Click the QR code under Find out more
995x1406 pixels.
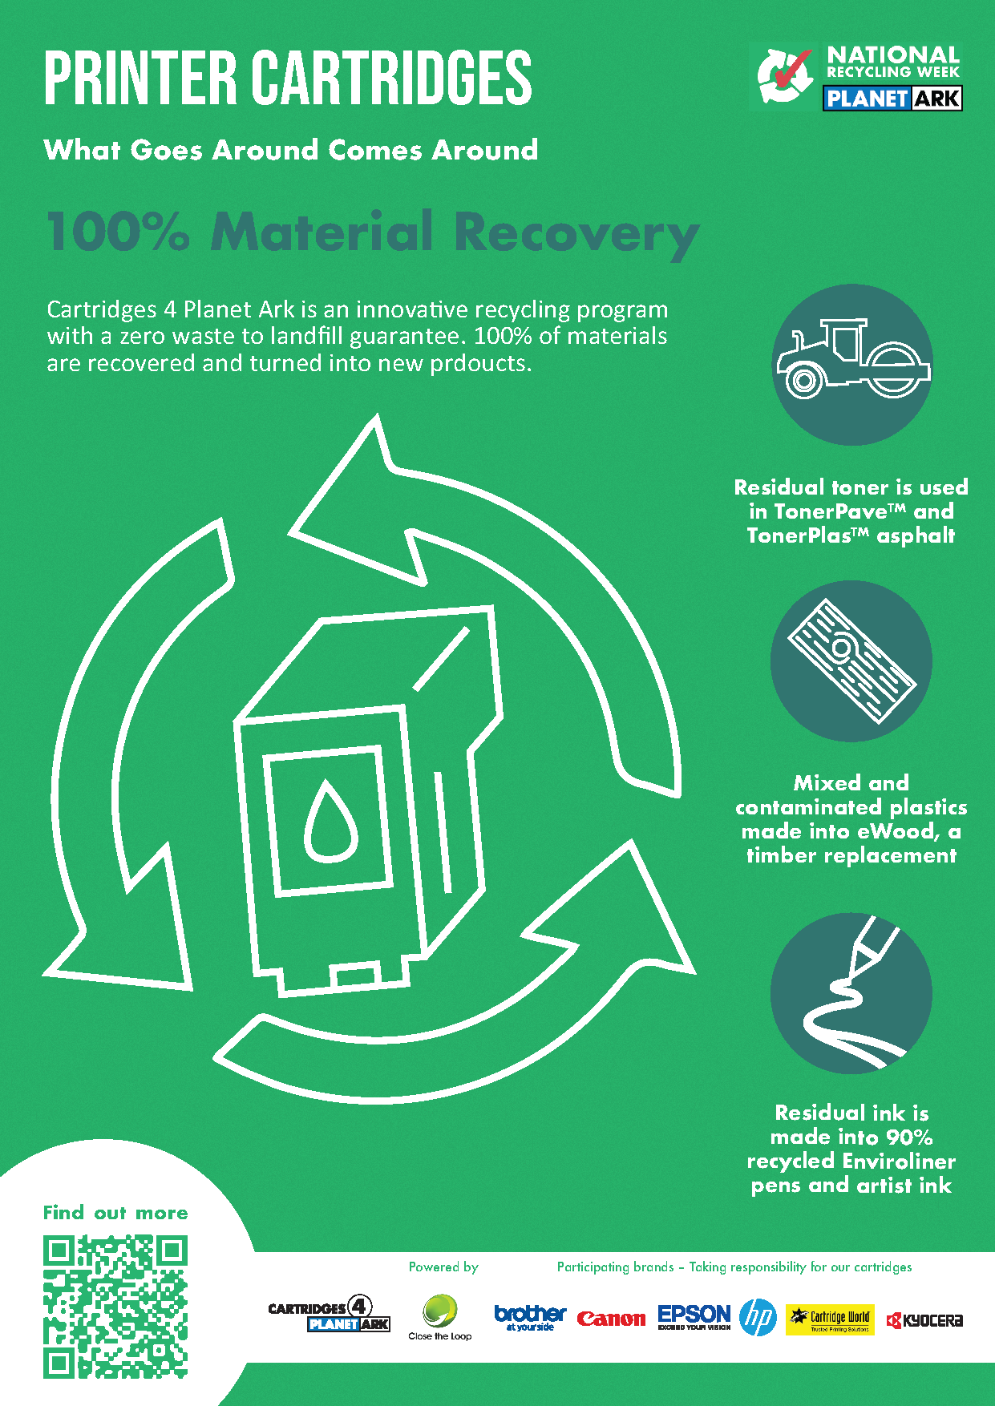[x=115, y=1307]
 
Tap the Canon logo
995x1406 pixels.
[x=611, y=1319]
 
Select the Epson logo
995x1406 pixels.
[x=694, y=1316]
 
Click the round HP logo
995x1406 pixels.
[x=758, y=1317]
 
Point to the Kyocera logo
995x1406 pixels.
[x=924, y=1320]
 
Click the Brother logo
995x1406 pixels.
[x=530, y=1317]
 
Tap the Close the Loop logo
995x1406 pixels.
[x=440, y=1317]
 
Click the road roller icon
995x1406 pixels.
[x=851, y=365]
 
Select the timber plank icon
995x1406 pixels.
[x=851, y=661]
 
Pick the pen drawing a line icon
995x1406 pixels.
[x=851, y=993]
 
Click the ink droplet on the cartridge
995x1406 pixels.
[x=330, y=819]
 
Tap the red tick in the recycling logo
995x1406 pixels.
[x=791, y=71]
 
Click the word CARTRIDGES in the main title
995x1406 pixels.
[x=392, y=78]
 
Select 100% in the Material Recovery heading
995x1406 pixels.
[x=118, y=232]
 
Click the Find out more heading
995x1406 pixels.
[x=115, y=1213]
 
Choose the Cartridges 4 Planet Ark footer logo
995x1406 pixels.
[x=329, y=1315]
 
